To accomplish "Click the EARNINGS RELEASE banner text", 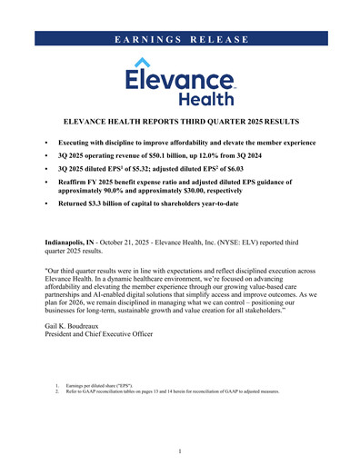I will click(180, 38).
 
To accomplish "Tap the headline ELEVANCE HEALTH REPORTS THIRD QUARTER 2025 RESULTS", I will click(180, 121).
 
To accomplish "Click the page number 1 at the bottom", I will click(180, 451).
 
